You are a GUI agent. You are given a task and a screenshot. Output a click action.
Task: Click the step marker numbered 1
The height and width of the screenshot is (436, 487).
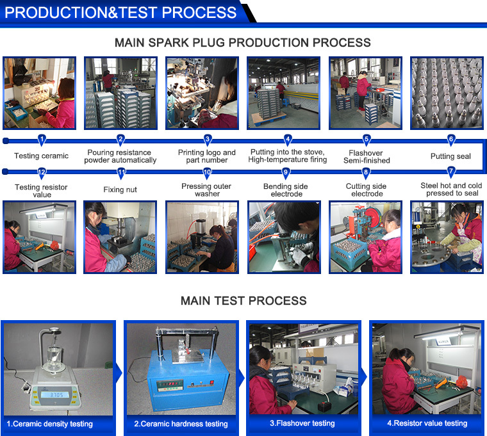point(42,140)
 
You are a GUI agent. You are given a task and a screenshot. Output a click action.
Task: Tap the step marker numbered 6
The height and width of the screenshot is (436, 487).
point(451,140)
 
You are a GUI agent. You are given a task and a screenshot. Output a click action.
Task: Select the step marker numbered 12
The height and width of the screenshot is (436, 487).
point(42,173)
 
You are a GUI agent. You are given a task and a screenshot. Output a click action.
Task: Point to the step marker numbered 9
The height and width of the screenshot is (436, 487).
point(286,173)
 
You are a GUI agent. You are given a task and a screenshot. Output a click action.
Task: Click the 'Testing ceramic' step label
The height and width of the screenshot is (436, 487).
point(41,156)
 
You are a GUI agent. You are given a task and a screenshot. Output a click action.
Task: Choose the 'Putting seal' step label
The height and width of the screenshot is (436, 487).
point(450,156)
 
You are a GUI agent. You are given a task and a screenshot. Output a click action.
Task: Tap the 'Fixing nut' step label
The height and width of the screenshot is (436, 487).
point(120,190)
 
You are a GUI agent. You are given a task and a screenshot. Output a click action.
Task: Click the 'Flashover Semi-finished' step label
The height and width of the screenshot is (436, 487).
point(367,157)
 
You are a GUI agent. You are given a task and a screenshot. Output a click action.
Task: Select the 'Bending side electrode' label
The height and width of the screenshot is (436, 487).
point(286,190)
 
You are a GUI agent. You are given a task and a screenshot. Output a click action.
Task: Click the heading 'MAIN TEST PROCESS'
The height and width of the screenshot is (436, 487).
point(244,301)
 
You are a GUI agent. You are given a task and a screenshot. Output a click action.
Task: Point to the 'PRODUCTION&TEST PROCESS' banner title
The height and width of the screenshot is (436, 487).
point(120,12)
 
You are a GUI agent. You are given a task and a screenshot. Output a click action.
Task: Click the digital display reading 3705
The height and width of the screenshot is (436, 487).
point(56,394)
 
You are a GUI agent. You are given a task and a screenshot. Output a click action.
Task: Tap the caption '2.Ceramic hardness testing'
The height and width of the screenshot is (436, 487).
point(181,424)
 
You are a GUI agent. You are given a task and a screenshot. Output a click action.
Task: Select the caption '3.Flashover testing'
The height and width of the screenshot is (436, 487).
point(302,423)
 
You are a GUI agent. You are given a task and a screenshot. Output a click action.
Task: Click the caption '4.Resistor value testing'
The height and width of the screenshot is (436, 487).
point(427,423)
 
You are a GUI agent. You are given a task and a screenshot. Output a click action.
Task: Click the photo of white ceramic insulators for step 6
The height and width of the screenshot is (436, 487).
point(447,93)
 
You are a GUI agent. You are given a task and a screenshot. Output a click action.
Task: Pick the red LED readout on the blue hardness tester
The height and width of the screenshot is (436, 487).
point(167,384)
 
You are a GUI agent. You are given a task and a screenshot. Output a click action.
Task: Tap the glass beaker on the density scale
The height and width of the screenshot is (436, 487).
point(55,357)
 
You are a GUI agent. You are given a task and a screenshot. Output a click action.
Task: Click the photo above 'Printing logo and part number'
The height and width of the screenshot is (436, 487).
point(202,93)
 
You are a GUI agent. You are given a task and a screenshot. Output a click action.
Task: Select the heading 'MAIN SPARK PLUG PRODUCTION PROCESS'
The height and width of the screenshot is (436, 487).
point(243,42)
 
